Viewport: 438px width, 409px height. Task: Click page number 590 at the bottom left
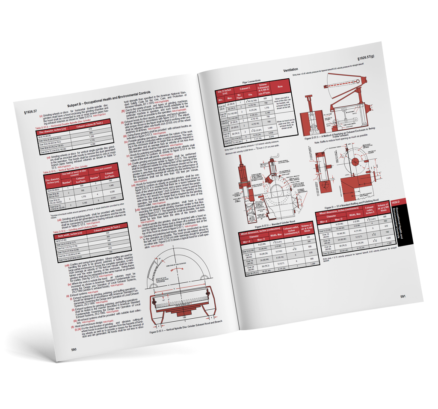[x=74, y=350]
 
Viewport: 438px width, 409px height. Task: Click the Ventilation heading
[x=290, y=69]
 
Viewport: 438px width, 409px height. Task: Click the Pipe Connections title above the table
[x=251, y=81]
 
